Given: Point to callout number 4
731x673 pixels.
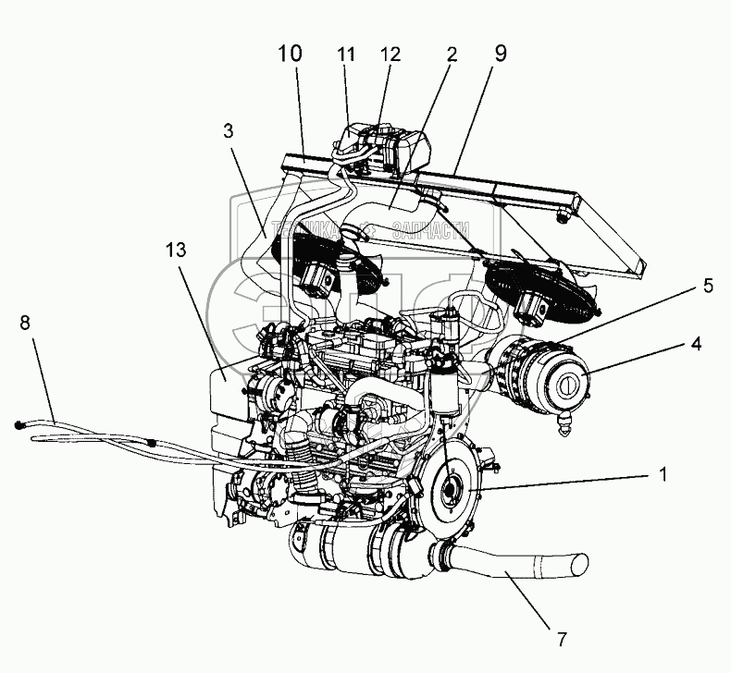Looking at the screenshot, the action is pos(693,344).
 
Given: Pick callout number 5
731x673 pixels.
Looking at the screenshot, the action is pos(707,286).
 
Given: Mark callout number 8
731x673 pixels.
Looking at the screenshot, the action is pos(25,323).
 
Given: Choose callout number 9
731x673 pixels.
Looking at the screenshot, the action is pos(500,53).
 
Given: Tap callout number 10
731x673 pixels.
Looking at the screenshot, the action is pos(290,53).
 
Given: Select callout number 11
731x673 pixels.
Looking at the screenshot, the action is pos(346,55).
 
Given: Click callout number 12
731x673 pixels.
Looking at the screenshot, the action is pos(390,55).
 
